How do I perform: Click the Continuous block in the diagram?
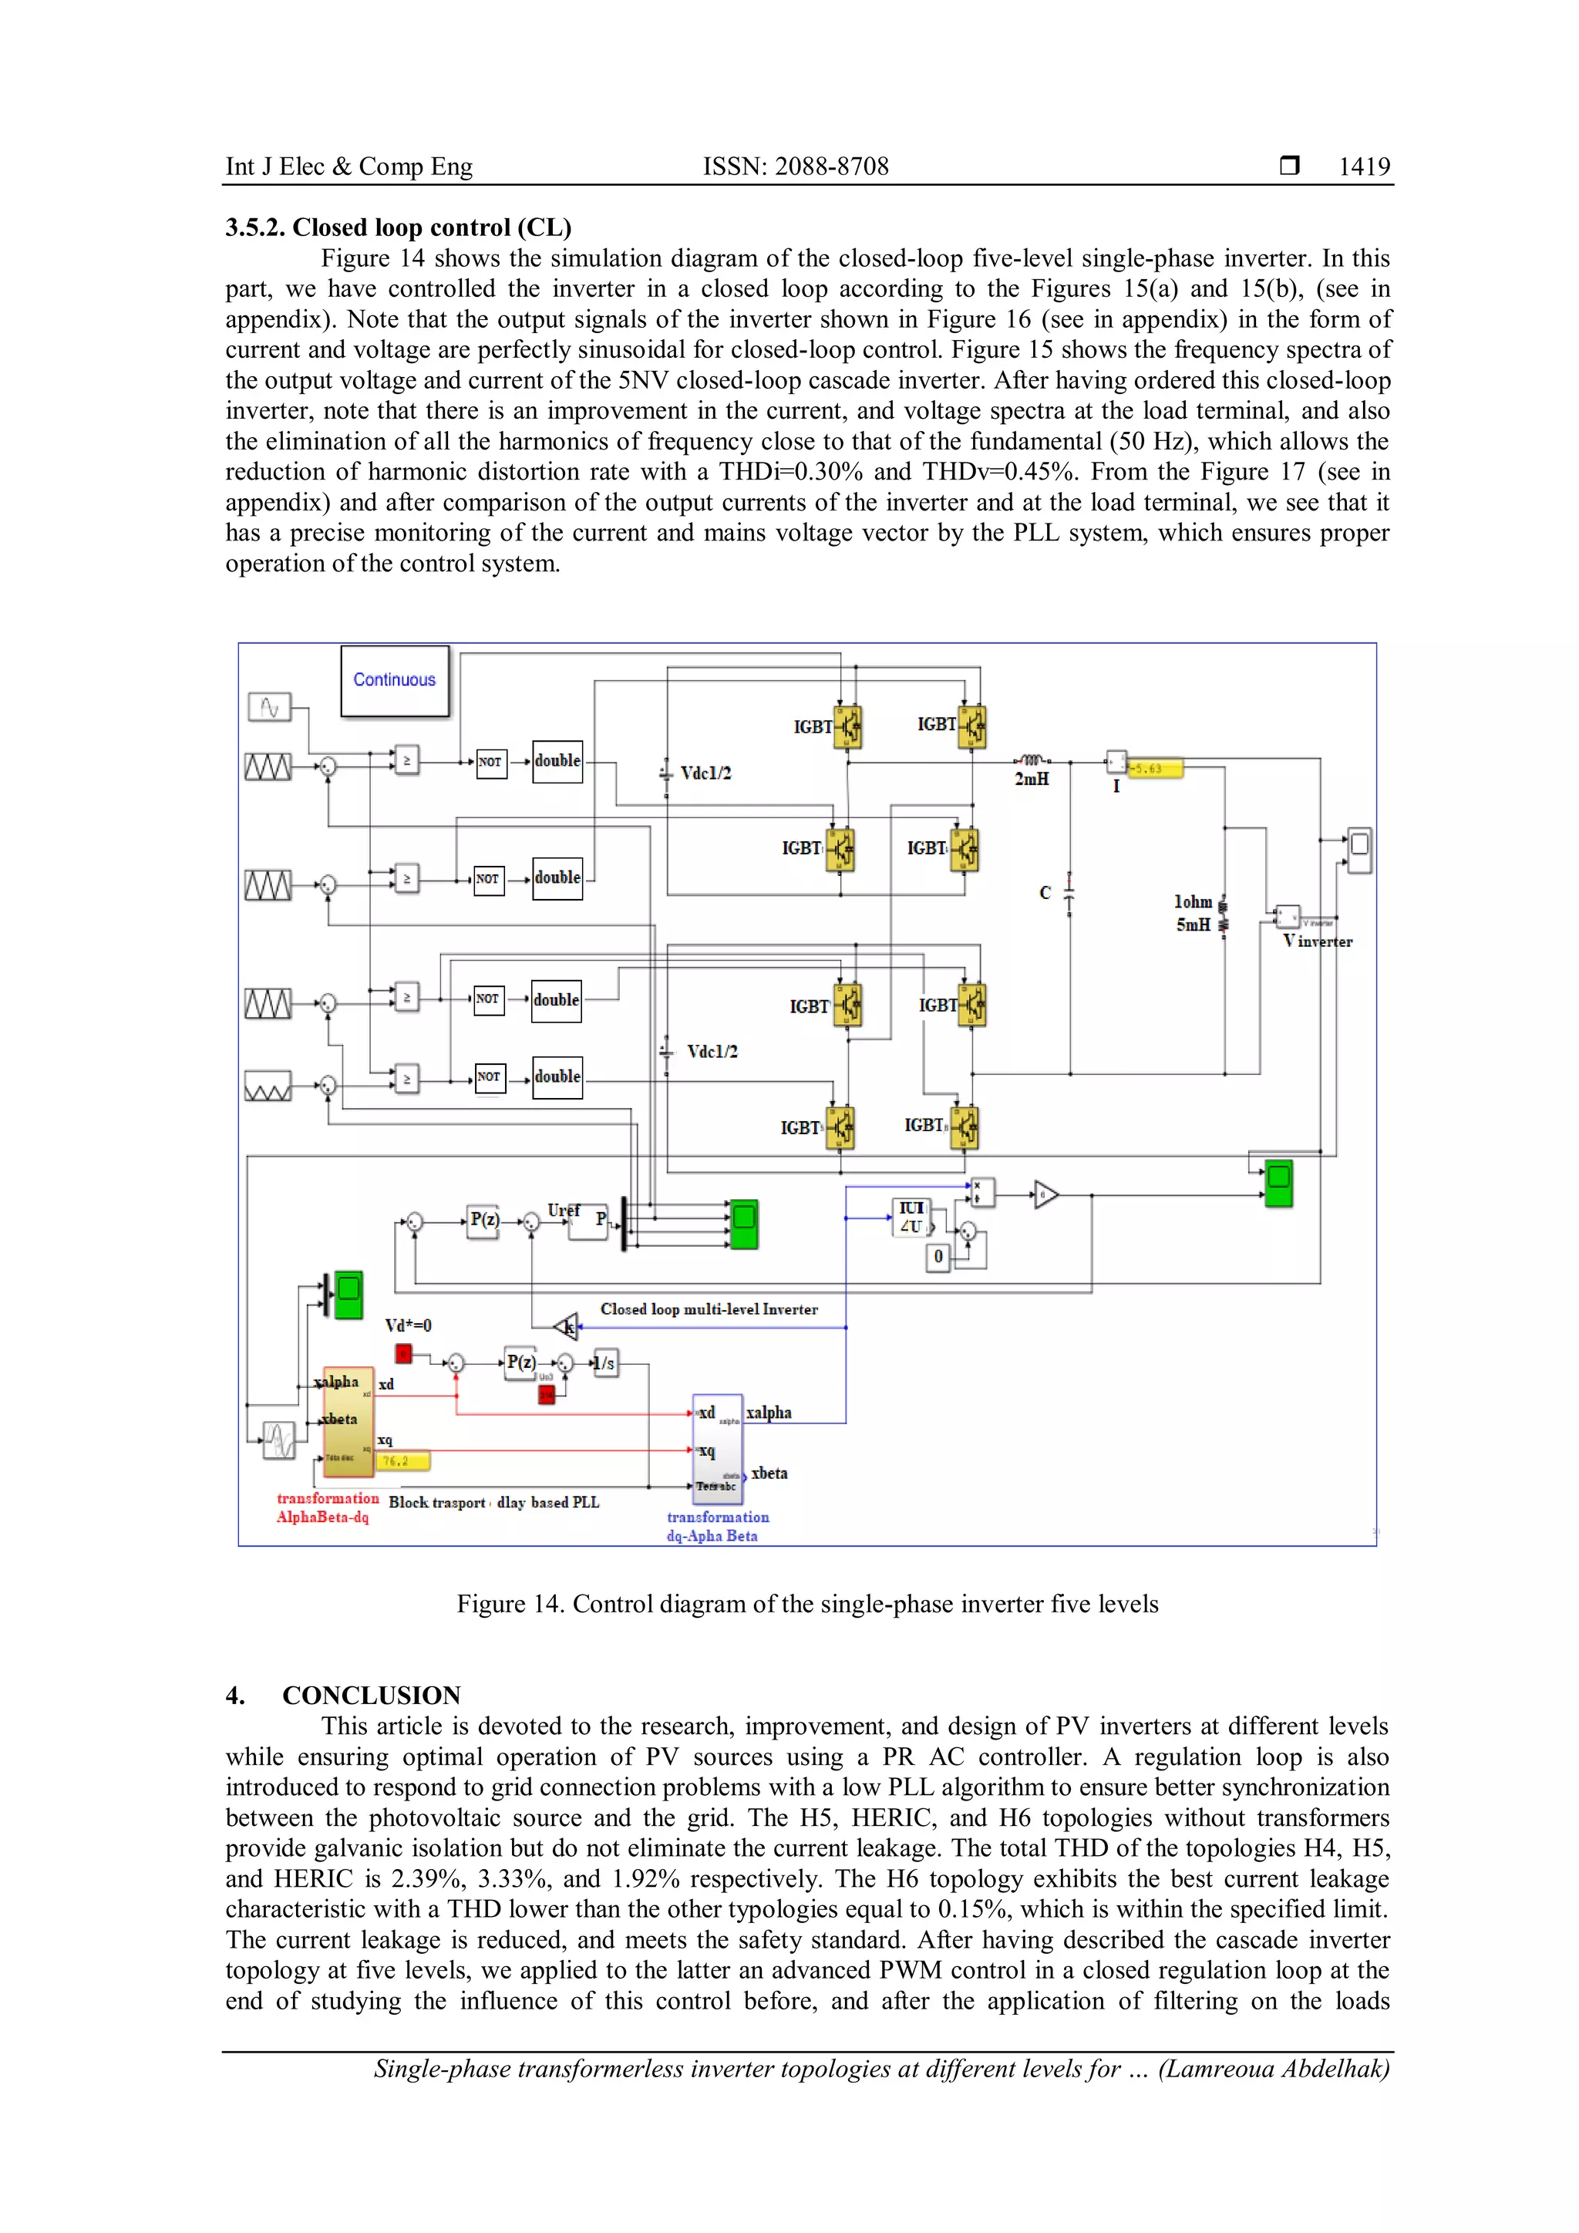394,680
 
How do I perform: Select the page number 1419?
1363,167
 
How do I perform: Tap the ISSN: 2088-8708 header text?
796,167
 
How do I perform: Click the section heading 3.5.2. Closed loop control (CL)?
398,227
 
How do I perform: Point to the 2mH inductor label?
1032,779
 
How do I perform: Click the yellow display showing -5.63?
1155,768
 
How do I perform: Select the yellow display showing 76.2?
402,1461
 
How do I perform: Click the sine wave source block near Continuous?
269,707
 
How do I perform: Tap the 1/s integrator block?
604,1362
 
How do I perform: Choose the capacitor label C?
1045,892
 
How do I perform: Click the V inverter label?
1318,941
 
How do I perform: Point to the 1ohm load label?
1192,901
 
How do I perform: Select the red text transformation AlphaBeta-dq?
327,1507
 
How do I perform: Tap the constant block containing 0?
938,1257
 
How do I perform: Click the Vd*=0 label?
409,1325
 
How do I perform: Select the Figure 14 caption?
807,1604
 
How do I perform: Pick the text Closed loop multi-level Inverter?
709,1309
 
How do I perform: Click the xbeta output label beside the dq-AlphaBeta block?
769,1474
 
